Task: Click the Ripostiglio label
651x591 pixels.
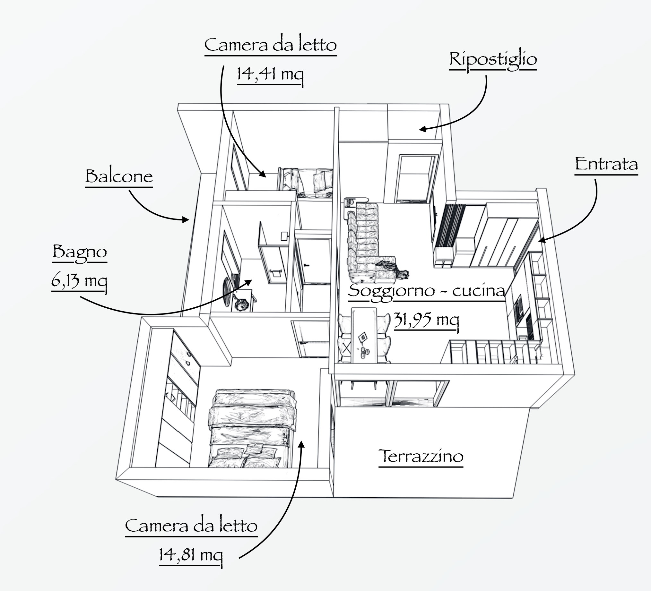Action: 493,59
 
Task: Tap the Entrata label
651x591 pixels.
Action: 606,164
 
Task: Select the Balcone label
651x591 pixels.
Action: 119,176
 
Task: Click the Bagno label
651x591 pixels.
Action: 79,252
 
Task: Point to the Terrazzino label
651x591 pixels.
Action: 421,456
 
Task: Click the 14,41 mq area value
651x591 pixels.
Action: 270,74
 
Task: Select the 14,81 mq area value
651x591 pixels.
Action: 191,555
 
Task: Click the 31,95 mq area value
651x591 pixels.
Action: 426,320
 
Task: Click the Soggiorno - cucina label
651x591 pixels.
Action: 426,291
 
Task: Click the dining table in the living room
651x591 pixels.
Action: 364,336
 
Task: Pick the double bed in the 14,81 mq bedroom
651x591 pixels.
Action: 252,429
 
